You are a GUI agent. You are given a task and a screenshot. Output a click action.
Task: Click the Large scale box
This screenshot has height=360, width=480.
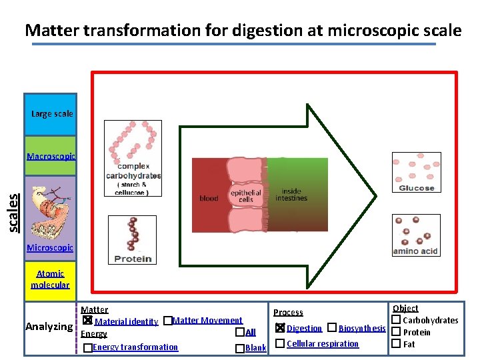[x=51, y=114]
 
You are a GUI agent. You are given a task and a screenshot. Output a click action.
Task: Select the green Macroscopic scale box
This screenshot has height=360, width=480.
[x=51, y=156]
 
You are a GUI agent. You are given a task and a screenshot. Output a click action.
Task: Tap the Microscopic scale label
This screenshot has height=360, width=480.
[x=50, y=248]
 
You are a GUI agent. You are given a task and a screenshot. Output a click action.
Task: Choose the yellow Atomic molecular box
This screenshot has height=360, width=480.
[x=50, y=279]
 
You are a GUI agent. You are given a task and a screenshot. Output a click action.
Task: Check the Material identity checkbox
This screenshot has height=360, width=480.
[x=87, y=321]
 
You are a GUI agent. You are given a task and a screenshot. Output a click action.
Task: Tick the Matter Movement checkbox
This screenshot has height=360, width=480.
[x=167, y=321]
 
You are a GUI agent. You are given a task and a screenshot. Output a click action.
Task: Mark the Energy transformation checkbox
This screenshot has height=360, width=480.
[x=87, y=347]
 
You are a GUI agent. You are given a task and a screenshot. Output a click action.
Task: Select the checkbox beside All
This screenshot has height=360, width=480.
[x=239, y=332]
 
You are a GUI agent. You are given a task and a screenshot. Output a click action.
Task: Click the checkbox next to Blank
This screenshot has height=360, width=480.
[x=239, y=348]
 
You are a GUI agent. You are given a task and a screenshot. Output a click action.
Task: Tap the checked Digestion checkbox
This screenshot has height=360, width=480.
[x=280, y=327]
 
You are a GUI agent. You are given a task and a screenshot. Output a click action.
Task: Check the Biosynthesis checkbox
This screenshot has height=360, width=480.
[x=331, y=327]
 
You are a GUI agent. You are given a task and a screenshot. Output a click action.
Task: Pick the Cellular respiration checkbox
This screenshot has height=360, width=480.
[x=280, y=343]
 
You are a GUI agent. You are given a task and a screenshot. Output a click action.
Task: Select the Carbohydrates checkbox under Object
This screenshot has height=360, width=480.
[x=395, y=321]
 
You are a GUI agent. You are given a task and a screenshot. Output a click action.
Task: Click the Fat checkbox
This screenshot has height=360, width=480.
[x=395, y=343]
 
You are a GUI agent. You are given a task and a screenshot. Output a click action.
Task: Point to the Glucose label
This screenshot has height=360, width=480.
[x=417, y=188]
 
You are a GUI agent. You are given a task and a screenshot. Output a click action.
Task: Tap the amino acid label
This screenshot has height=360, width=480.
[x=415, y=251]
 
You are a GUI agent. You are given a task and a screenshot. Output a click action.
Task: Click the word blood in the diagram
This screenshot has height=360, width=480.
[x=209, y=198]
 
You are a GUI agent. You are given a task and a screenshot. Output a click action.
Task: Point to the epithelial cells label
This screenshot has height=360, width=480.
[x=245, y=196]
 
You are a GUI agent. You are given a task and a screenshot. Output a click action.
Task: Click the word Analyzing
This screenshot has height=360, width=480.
[x=49, y=327]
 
